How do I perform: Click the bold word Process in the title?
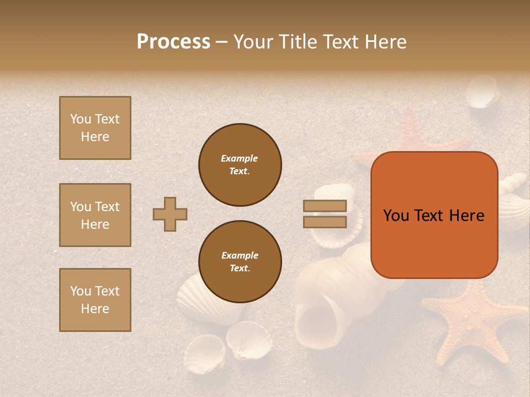tap(173, 42)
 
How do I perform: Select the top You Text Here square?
tap(95, 128)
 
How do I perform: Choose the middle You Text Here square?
tap(95, 215)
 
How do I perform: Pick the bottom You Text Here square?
tap(95, 300)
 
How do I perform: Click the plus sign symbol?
tap(170, 214)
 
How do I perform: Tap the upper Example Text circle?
tap(240, 165)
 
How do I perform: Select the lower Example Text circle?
tap(240, 262)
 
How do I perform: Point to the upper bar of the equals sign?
tap(325, 206)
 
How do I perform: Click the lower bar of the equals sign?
tap(325, 222)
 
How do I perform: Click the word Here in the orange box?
tap(467, 216)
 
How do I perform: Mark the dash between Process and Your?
tap(221, 42)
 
